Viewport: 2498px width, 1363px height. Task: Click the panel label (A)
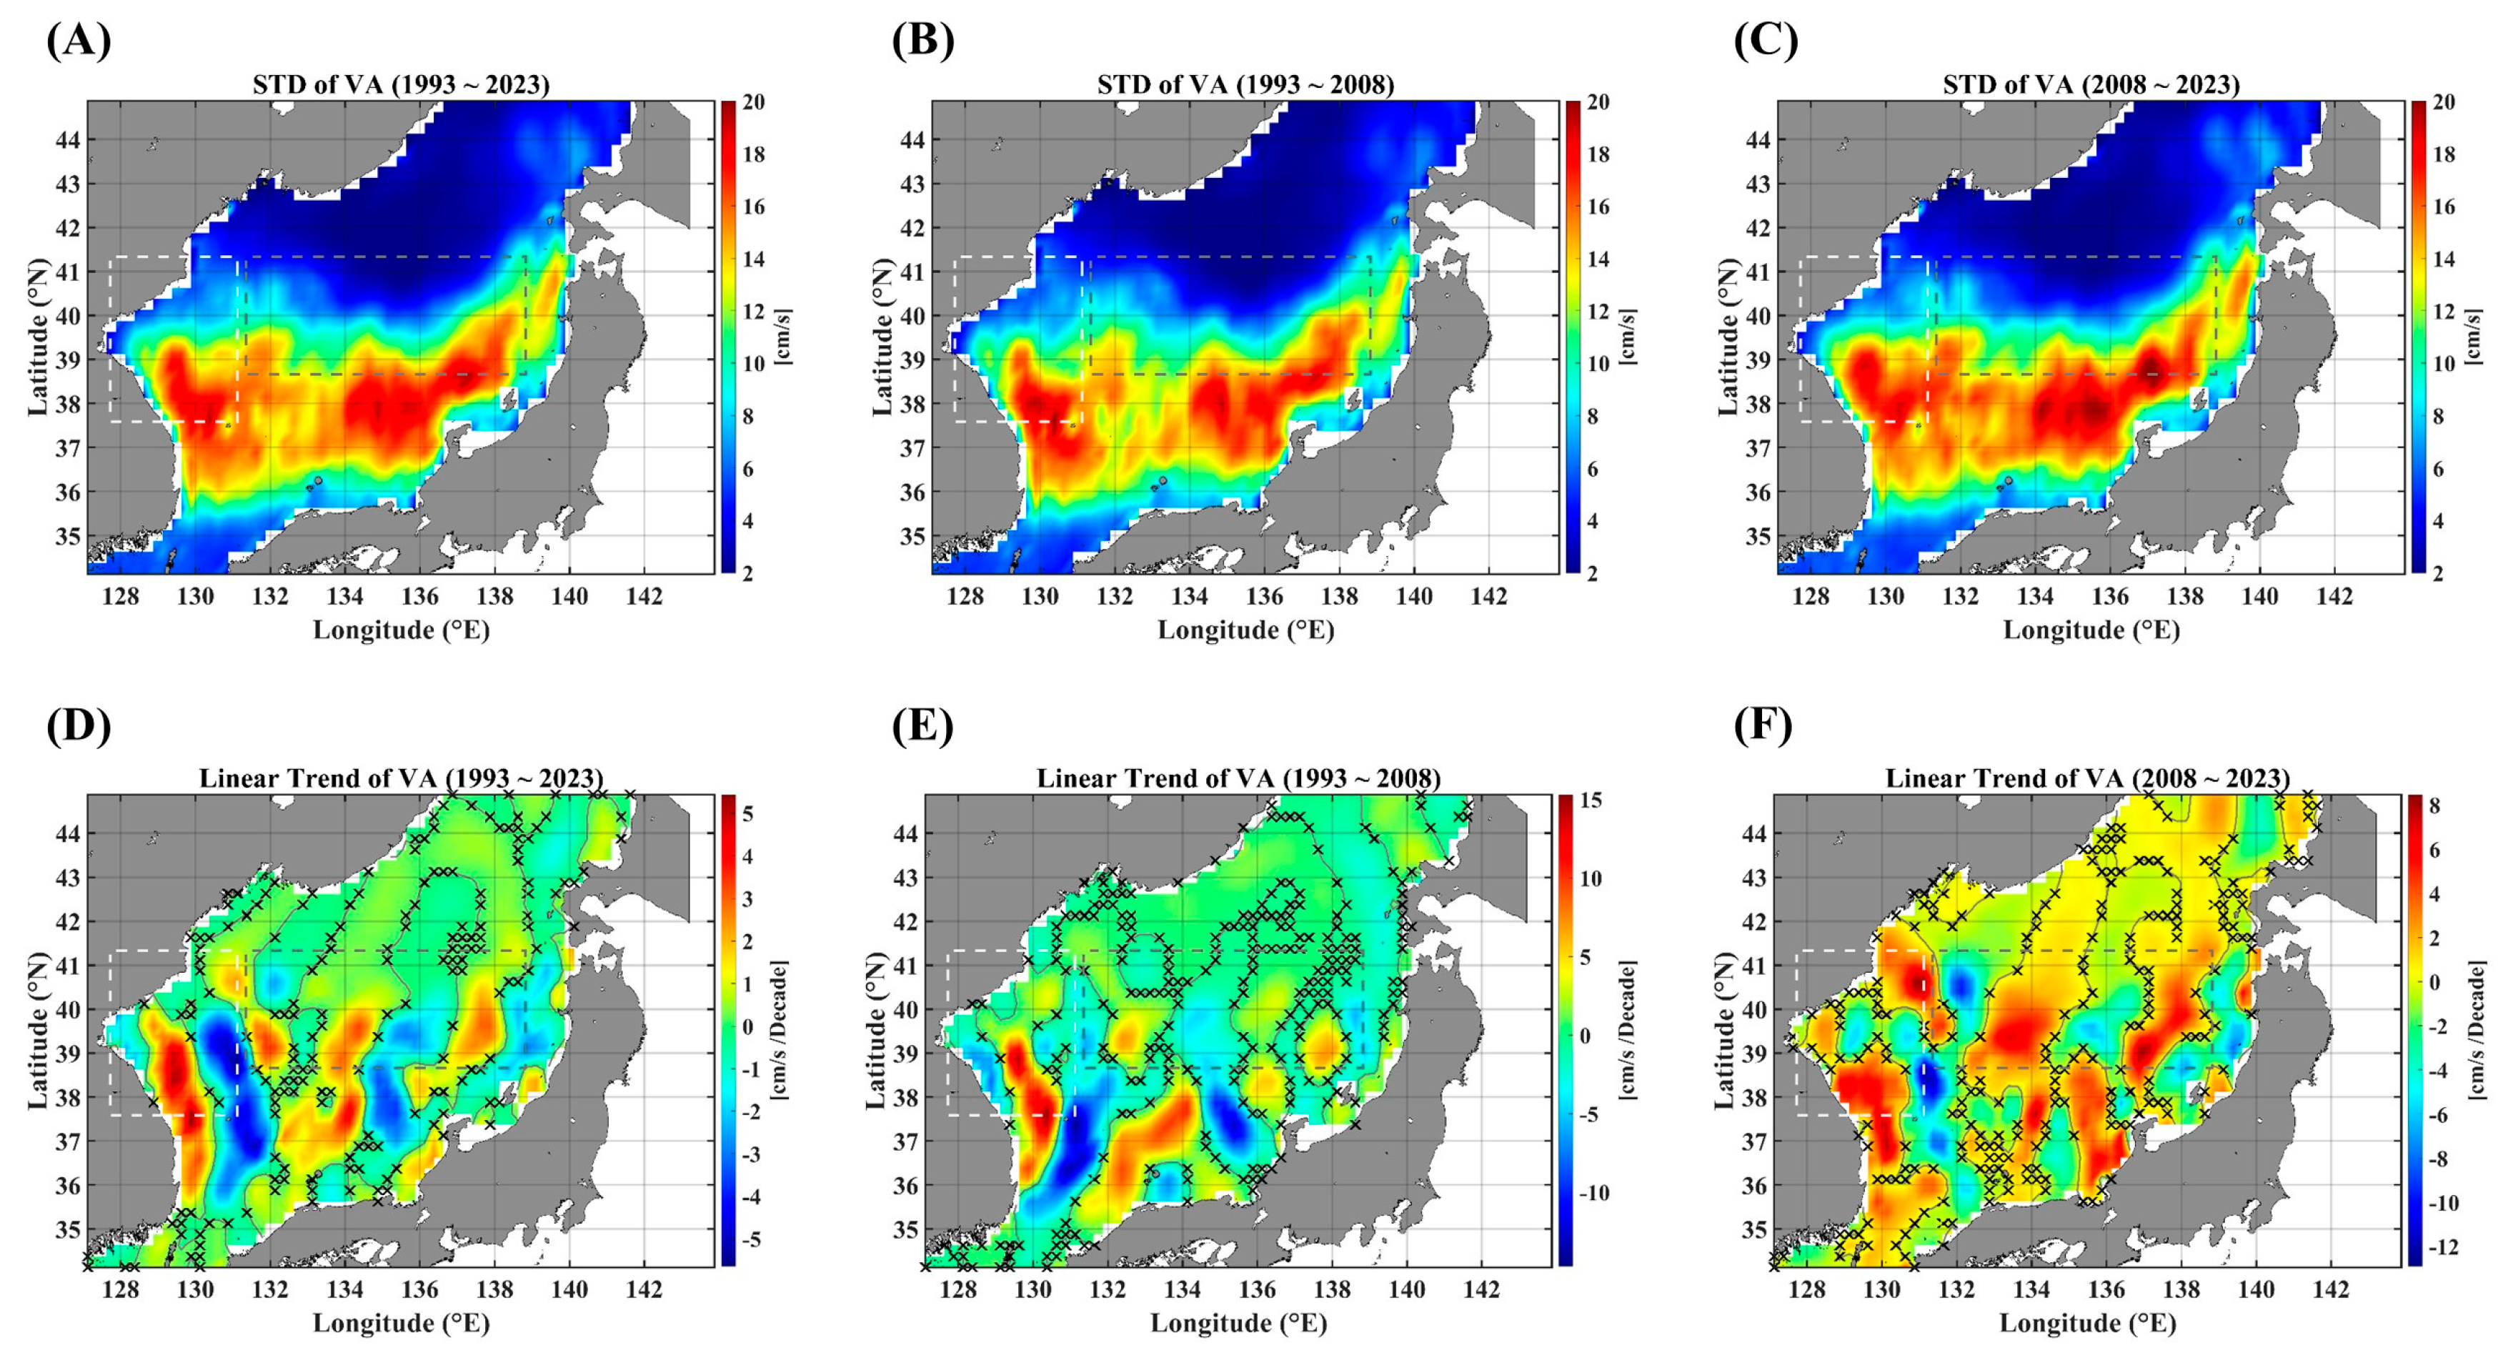[79, 41]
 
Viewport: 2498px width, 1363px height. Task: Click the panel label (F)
[1762, 725]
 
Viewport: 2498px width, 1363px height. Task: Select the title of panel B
[1245, 85]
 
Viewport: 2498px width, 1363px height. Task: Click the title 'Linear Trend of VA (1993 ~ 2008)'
[1238, 778]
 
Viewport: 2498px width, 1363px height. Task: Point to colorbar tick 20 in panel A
[753, 102]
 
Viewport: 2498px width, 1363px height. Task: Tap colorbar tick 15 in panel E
[1591, 801]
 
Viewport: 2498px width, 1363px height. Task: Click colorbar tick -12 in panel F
[2447, 1246]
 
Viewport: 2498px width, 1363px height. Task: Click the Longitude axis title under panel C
[2091, 630]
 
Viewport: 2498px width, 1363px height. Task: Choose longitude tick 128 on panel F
[1806, 1289]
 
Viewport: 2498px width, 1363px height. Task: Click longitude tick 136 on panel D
[420, 1289]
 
